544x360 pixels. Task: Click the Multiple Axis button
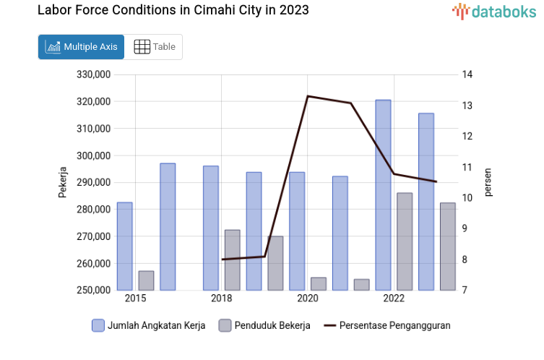click(81, 47)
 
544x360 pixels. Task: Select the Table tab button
click(155, 47)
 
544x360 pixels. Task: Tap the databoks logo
click(494, 11)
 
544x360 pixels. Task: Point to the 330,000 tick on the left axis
click(93, 74)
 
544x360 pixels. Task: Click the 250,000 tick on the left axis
click(93, 291)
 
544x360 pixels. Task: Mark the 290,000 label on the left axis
click(93, 182)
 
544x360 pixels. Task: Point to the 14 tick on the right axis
click(467, 74)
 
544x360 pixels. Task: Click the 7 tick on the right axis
click(465, 291)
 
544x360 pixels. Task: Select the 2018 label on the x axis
click(221, 299)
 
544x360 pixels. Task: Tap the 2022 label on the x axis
click(394, 299)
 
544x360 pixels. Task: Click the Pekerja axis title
click(63, 182)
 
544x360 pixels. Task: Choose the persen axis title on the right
click(488, 182)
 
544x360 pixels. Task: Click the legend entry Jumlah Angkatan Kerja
click(148, 325)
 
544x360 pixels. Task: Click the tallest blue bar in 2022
click(383, 195)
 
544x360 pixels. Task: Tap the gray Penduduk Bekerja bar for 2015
click(146, 280)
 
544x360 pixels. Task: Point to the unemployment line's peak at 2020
click(308, 96)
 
